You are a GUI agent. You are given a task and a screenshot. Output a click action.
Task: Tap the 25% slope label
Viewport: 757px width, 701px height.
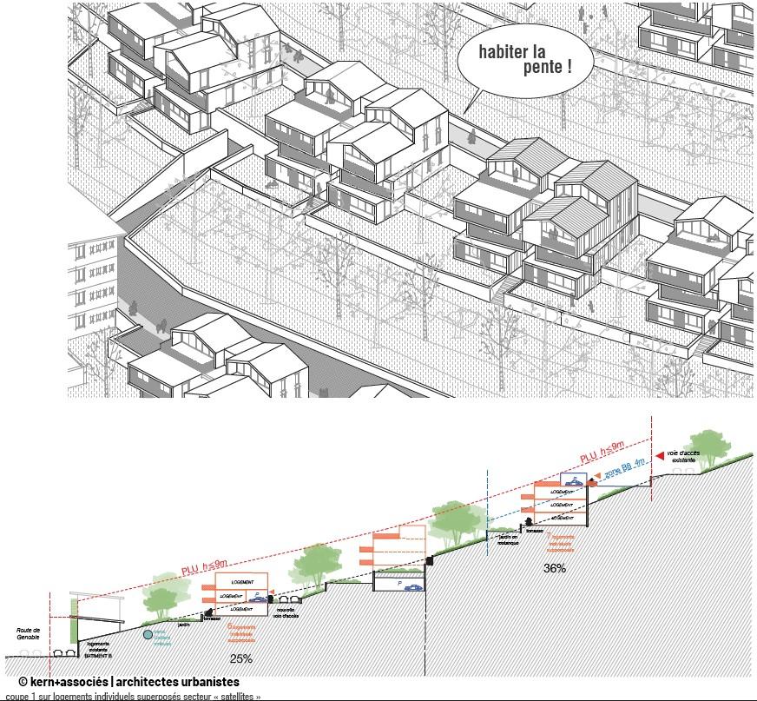241,658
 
